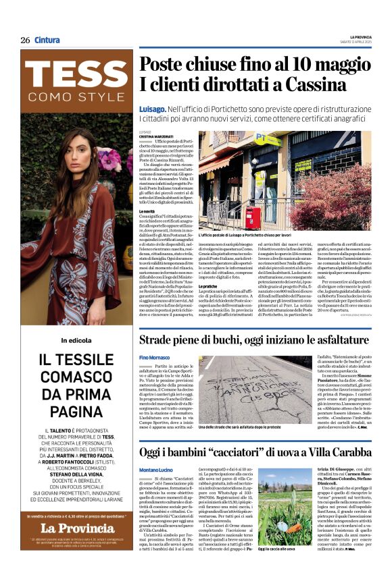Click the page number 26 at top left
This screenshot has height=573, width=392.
tap(25, 40)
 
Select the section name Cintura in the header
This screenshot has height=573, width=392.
tap(47, 40)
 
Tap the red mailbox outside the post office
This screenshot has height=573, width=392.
tap(253, 217)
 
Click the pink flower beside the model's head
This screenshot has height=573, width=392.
tap(107, 160)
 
